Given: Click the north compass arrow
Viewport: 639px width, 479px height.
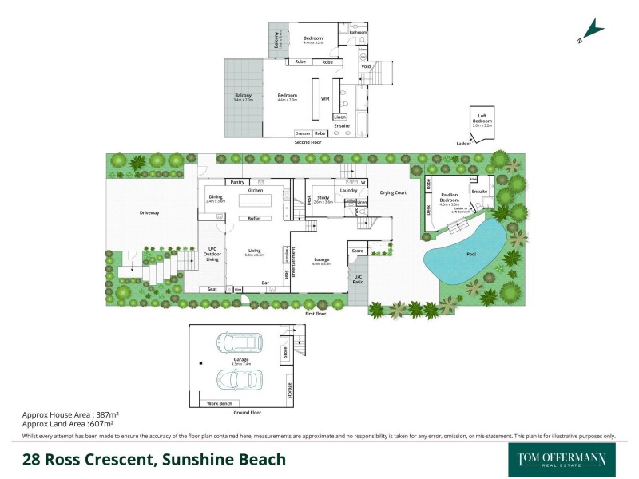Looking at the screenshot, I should (x=592, y=30).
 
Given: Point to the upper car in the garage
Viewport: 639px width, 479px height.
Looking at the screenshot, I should (x=240, y=344).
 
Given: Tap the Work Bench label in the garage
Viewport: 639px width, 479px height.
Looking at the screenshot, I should (x=219, y=403).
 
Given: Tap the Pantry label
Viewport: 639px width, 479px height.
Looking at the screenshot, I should (x=237, y=182).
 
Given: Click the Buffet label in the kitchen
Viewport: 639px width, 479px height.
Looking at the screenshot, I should (x=255, y=218).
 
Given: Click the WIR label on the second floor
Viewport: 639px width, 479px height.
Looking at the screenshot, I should (x=325, y=98).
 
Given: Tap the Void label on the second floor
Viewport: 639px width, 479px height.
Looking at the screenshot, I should (x=366, y=67).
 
